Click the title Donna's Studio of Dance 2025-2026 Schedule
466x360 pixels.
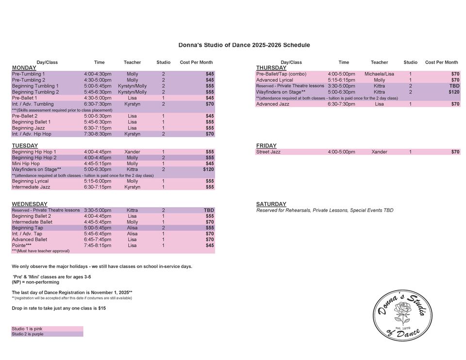pyautogui.click(x=244, y=45)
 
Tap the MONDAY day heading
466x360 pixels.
pyautogui.click(x=24, y=68)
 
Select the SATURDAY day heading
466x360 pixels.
pyautogui.click(x=271, y=204)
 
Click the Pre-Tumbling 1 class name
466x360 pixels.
pyautogui.click(x=28, y=74)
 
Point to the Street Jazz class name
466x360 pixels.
pyautogui.click(x=268, y=152)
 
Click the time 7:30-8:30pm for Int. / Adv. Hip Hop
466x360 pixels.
pyautogui.click(x=98, y=134)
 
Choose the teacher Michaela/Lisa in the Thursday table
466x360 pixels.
pyautogui.click(x=379, y=74)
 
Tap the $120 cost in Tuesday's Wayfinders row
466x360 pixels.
pyautogui.click(x=208, y=170)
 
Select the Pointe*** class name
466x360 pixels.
pyautogui.click(x=22, y=245)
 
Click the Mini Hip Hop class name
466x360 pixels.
pyautogui.click(x=26, y=164)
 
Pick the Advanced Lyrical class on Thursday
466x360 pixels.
pyautogui.click(x=274, y=80)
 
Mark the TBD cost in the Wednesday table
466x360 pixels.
pyautogui.click(x=209, y=211)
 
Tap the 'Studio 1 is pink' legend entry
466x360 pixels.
pyautogui.click(x=27, y=329)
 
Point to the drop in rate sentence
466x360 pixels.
pyautogui.click(x=59, y=308)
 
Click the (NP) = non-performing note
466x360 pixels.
pyautogui.click(x=35, y=282)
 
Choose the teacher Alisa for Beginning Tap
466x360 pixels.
pyautogui.click(x=132, y=228)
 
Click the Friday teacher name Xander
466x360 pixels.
pyautogui.click(x=379, y=152)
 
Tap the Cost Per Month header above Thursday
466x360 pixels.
pyautogui.click(x=441, y=62)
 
